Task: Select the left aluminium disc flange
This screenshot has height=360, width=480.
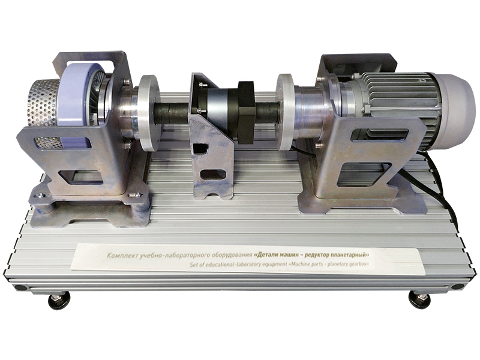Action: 149,113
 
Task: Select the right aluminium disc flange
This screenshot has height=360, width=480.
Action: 286,112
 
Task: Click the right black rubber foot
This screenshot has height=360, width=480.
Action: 419,299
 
